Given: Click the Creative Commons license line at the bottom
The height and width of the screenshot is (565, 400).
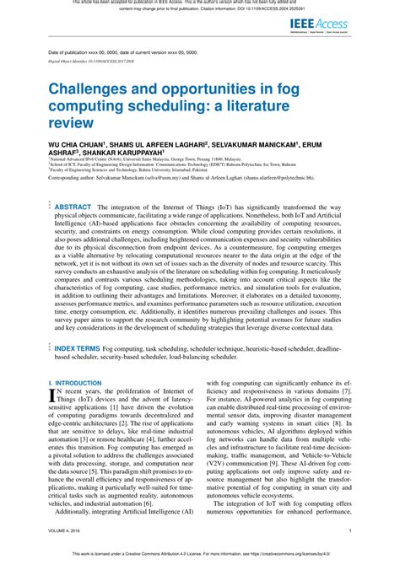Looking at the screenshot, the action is tap(200, 556).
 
